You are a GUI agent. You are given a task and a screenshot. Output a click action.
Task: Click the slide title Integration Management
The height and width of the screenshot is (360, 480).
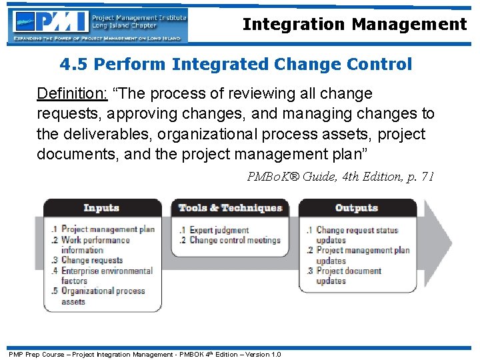tap(354, 25)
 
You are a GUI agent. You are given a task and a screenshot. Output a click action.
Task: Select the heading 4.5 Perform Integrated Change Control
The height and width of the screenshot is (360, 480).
tap(235, 65)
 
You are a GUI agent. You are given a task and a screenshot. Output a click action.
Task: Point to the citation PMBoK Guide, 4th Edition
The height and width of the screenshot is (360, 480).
tap(340, 177)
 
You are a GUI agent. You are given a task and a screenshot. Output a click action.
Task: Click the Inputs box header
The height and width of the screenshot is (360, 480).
tap(102, 208)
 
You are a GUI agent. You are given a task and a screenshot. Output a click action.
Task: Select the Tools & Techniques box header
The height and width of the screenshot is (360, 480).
tap(230, 208)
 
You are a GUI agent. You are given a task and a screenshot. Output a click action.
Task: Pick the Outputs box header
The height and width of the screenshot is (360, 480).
tap(357, 208)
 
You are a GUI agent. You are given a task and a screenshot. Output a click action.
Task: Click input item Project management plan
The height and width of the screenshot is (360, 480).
tap(107, 229)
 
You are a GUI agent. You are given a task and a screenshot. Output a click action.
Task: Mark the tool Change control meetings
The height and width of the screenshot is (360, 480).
tap(234, 240)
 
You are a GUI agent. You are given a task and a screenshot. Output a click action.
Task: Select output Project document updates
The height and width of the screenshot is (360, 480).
tap(347, 276)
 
